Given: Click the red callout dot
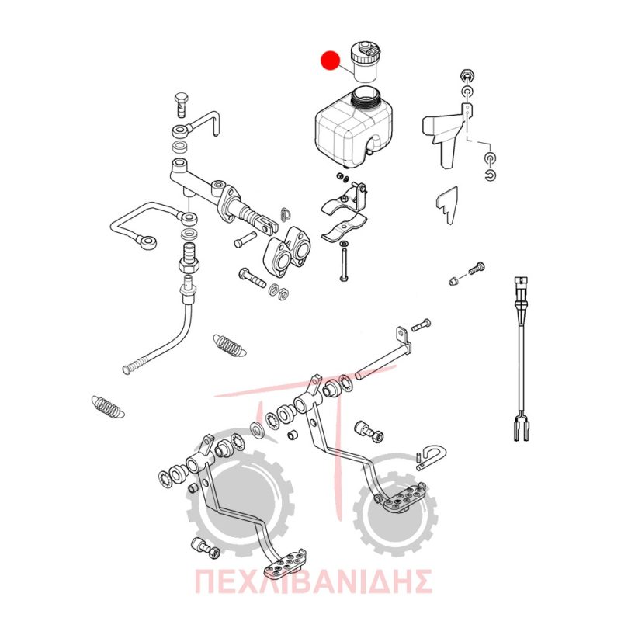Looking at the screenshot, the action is [x=331, y=61].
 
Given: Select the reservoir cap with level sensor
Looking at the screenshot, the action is [x=365, y=61].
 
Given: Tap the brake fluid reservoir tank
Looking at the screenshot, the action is [x=354, y=127].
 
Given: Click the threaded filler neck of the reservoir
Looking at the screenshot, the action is [x=368, y=97].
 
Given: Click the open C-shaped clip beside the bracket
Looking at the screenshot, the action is [x=491, y=174].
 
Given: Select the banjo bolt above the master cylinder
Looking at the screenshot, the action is [x=182, y=105].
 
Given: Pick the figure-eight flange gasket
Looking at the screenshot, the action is [x=287, y=249].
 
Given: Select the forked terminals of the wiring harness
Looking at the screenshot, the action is [x=520, y=427].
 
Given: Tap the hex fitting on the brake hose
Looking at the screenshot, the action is [x=189, y=263].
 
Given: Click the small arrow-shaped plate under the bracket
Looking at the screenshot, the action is [x=449, y=205].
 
